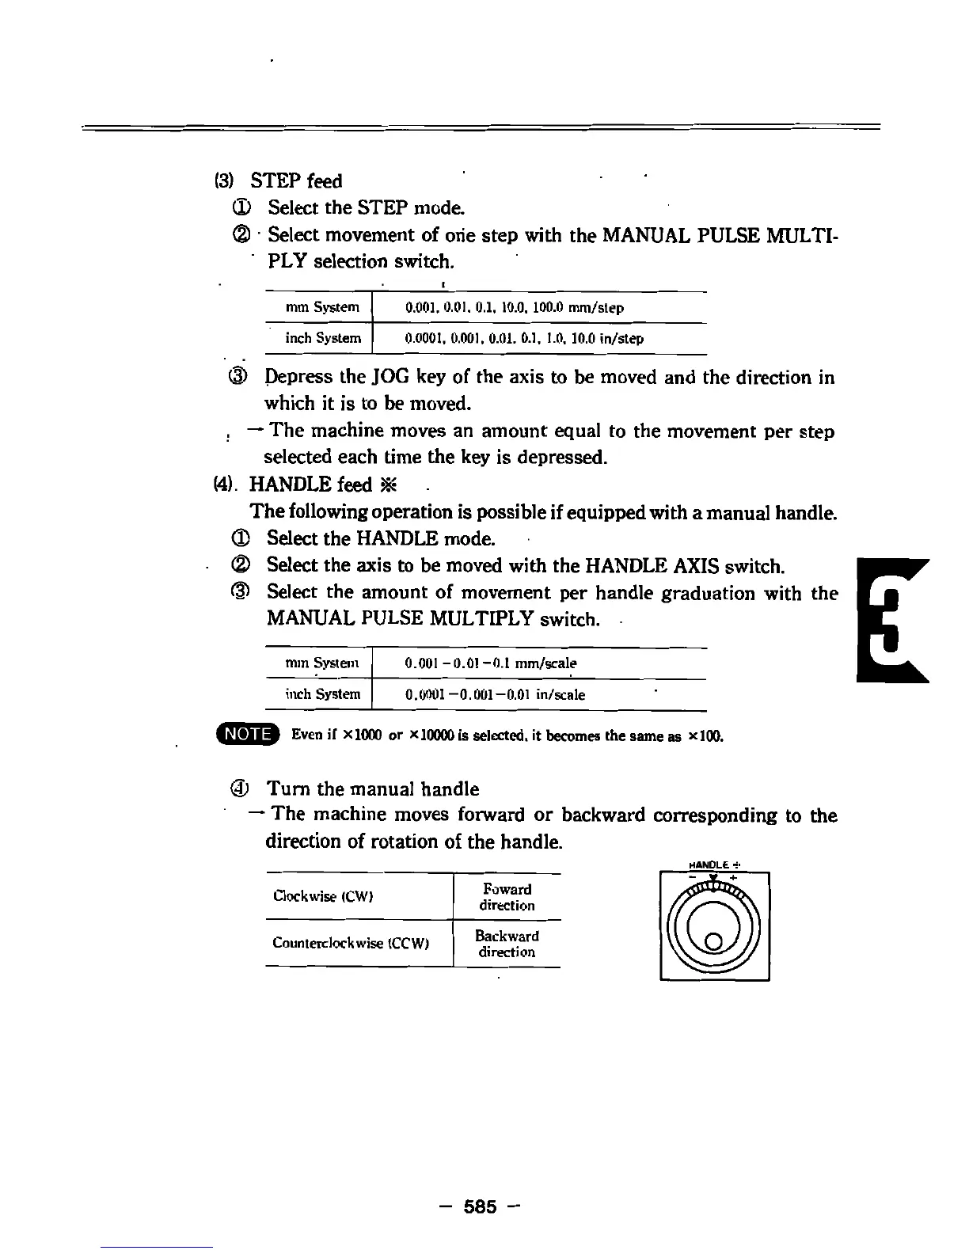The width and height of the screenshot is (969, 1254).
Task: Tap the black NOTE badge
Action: click(x=248, y=735)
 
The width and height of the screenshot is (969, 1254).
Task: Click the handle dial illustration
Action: click(x=714, y=926)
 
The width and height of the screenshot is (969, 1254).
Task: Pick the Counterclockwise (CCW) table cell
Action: click(x=351, y=943)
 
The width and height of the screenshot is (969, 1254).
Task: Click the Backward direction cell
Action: click(x=507, y=944)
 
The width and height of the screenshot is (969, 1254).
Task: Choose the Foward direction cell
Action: click(x=507, y=897)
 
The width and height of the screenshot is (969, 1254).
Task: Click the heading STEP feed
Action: click(x=296, y=181)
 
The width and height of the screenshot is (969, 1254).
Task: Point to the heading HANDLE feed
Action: click(x=310, y=484)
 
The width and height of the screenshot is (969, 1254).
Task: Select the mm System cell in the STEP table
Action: click(x=322, y=307)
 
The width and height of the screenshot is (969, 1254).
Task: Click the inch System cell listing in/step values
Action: click(x=524, y=339)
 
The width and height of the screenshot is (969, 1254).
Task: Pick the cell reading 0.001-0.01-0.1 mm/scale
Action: click(x=491, y=663)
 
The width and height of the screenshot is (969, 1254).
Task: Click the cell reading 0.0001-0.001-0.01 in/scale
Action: click(x=495, y=695)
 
